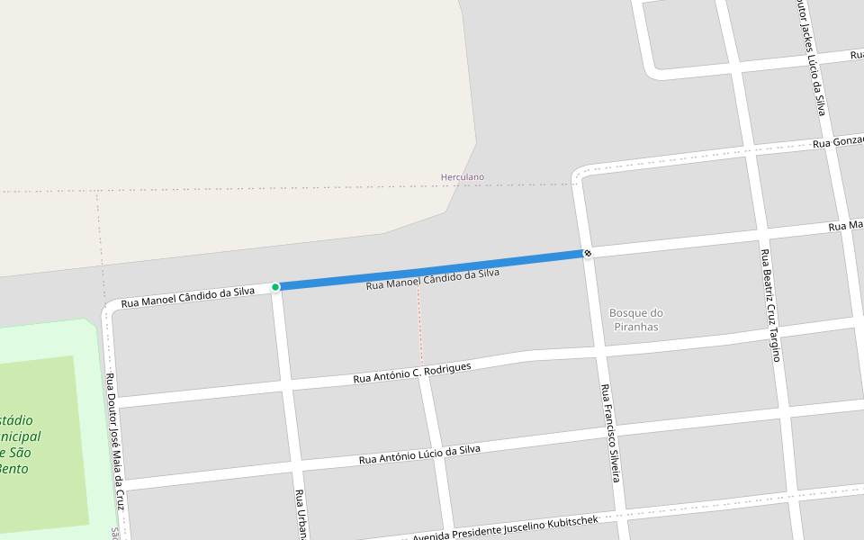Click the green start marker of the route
[275, 287]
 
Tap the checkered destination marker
[587, 254]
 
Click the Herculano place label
[462, 177]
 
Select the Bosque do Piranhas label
[635, 319]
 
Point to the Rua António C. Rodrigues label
[411, 373]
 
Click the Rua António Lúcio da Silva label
[419, 454]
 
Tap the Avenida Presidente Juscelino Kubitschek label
[506, 528]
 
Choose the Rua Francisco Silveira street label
[610, 433]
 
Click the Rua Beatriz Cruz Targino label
[769, 305]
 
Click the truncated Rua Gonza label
[838, 142]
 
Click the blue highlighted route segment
[432, 270]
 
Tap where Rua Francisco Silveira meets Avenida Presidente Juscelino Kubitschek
[622, 515]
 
